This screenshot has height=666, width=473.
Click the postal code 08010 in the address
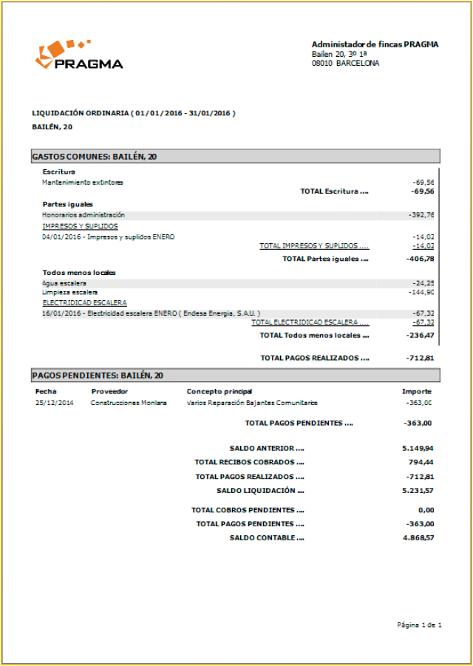(x=321, y=64)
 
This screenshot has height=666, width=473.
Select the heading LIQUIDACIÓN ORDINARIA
(x=81, y=113)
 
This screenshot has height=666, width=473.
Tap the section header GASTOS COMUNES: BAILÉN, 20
(x=94, y=156)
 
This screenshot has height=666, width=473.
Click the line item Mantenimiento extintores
(x=83, y=182)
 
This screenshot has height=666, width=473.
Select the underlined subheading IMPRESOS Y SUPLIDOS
(x=80, y=226)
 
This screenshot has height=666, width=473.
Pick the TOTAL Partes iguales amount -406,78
(x=420, y=259)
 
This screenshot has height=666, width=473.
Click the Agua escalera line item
(x=64, y=283)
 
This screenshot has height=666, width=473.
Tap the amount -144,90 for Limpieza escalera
(x=423, y=292)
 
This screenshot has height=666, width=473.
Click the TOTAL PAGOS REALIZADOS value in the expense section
(x=420, y=358)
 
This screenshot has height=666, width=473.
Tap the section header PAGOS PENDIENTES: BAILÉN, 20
(x=97, y=376)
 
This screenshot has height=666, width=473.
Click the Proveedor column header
(x=109, y=391)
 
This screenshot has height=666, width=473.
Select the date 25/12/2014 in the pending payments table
(x=55, y=403)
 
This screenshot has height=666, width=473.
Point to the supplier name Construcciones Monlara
(x=129, y=403)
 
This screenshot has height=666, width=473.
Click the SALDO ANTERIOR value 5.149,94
(x=418, y=448)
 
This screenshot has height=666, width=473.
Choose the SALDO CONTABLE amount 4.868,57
(x=418, y=537)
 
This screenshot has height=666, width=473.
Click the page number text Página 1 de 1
(x=419, y=625)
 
